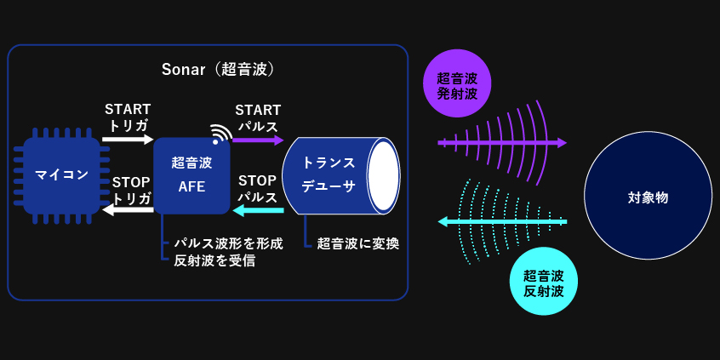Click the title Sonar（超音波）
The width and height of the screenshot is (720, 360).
(218, 70)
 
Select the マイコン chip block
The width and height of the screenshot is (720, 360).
(61, 176)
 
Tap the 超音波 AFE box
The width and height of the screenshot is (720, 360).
(191, 175)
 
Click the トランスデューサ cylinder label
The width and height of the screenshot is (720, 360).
(329, 174)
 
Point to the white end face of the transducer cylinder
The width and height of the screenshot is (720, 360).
(385, 175)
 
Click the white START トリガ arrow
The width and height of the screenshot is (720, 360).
(128, 139)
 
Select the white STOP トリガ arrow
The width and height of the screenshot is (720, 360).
(128, 210)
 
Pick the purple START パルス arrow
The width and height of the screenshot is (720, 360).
(258, 140)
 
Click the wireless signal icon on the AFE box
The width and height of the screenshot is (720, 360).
(220, 132)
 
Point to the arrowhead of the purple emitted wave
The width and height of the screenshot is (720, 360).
(562, 143)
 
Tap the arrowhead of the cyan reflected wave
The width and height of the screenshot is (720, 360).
(443, 222)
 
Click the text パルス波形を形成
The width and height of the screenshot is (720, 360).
(228, 243)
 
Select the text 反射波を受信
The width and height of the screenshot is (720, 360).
(214, 260)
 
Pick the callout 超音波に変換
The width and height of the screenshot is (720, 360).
(358, 243)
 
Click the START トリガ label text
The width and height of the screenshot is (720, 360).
(128, 117)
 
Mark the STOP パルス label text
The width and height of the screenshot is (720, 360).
(258, 189)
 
